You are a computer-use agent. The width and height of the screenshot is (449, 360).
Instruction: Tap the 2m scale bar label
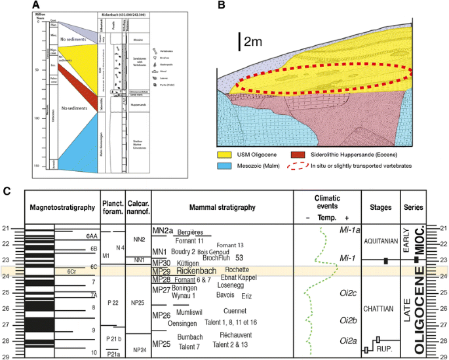tap(253, 41)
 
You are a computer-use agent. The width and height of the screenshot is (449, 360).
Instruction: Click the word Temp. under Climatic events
tap(327, 218)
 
